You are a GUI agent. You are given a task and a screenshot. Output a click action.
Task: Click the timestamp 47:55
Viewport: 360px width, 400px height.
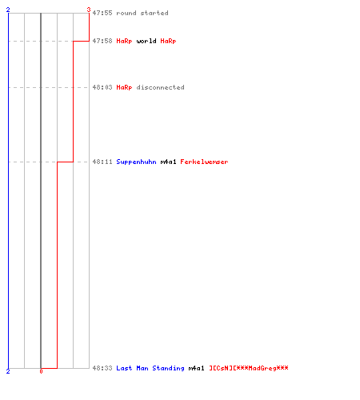tap(102, 13)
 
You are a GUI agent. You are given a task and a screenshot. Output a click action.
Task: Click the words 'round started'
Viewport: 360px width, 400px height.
tap(142, 13)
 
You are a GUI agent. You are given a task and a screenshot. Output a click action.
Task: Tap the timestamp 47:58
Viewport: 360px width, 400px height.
tap(102, 41)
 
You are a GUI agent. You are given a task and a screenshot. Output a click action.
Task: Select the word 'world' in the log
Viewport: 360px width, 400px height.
tap(146, 41)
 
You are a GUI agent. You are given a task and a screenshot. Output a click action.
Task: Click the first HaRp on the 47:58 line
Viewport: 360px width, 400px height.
tap(124, 41)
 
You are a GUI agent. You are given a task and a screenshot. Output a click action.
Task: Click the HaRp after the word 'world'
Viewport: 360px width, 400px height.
tap(168, 41)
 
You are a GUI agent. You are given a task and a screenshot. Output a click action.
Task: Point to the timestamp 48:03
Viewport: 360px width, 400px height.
tap(102, 87)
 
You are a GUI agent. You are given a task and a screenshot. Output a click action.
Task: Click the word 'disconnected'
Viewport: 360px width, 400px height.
tap(160, 87)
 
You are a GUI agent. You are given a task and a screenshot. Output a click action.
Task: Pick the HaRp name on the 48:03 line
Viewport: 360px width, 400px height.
tap(124, 87)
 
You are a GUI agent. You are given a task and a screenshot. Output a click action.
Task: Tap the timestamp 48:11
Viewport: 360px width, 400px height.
tap(102, 162)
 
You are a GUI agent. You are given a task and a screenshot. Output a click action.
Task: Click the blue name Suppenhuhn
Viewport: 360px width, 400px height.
tap(136, 162)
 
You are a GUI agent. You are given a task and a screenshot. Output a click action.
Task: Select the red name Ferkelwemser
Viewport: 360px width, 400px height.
tap(204, 162)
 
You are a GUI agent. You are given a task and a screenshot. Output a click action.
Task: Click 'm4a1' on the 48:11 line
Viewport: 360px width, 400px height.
tap(168, 162)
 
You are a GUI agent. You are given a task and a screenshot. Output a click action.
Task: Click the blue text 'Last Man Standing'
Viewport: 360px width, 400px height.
tap(150, 368)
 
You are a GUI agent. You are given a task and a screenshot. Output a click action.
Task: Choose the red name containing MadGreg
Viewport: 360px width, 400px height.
tap(249, 368)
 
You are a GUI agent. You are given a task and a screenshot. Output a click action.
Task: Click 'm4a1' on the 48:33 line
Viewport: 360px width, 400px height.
tap(196, 368)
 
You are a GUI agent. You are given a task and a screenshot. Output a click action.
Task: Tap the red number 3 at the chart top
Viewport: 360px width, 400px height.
tap(89, 10)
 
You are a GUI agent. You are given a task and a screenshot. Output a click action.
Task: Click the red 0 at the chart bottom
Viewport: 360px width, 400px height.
tap(41, 371)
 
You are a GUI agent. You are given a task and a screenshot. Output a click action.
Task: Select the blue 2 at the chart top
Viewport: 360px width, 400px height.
tap(8, 10)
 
